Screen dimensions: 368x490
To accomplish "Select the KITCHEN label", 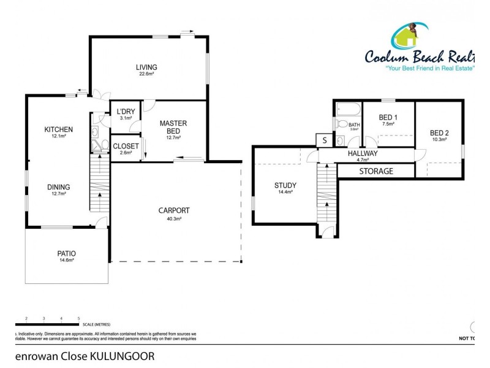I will click(x=59, y=129).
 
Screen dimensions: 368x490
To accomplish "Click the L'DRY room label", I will click(x=126, y=112).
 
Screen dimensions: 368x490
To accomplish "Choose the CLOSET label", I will click(x=126, y=146).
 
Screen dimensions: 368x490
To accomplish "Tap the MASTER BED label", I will click(x=173, y=127).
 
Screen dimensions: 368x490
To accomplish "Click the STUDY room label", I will click(x=285, y=185).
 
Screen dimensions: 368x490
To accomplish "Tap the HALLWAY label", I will click(x=363, y=153).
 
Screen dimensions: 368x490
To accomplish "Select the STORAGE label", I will click(x=375, y=171).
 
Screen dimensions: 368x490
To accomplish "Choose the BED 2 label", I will click(x=439, y=133).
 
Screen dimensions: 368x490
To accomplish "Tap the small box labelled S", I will click(x=324, y=140).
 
